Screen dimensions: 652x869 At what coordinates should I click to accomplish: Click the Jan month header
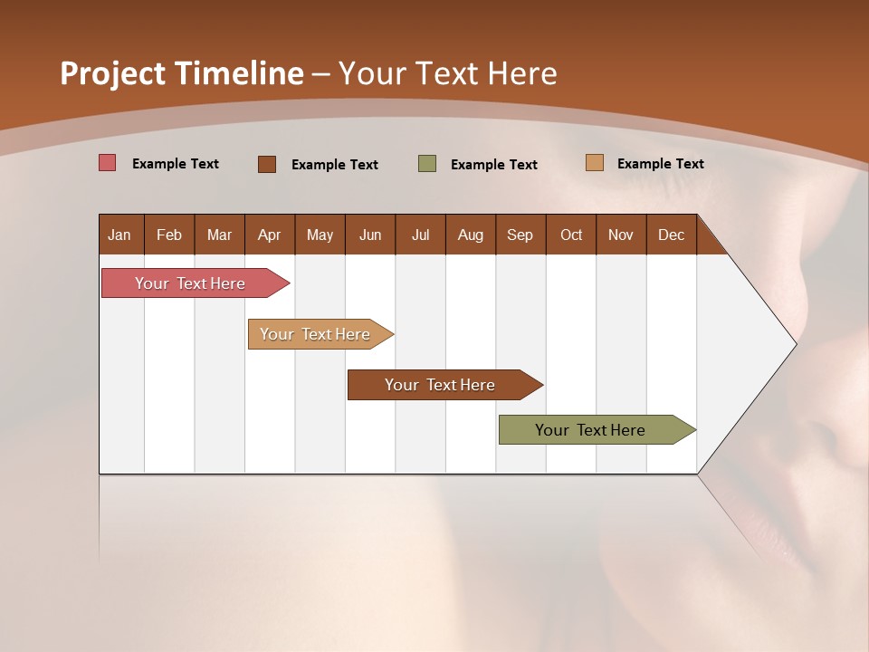(x=119, y=235)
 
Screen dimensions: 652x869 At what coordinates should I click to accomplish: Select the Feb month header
(x=169, y=235)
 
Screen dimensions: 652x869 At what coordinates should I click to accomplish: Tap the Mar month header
(x=219, y=235)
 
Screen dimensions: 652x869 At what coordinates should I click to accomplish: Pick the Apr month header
(x=269, y=235)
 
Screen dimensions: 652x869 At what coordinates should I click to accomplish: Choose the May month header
(x=320, y=235)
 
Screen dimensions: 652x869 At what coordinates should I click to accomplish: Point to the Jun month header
(x=370, y=235)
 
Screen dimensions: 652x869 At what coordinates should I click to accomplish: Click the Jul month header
(x=420, y=235)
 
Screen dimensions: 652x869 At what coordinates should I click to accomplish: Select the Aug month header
(x=470, y=235)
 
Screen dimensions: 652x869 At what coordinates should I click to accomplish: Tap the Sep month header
(x=520, y=235)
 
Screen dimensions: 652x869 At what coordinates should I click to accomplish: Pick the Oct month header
(x=571, y=235)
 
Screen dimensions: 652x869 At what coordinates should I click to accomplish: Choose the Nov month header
(x=621, y=235)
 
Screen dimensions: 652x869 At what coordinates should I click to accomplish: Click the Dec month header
(x=671, y=235)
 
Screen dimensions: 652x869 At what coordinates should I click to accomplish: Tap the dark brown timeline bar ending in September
(x=441, y=385)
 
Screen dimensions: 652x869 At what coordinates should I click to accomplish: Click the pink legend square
(x=108, y=163)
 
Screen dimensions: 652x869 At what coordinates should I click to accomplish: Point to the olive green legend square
(x=427, y=163)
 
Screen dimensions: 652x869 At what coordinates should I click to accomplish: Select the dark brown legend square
(x=267, y=164)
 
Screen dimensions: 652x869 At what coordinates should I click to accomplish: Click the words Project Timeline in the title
(x=181, y=73)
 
